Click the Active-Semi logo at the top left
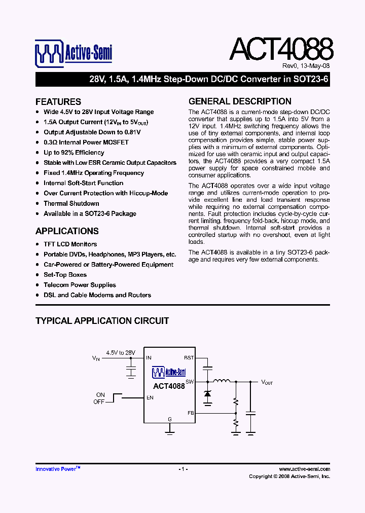pyautogui.click(x=74, y=53)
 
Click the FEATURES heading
pyautogui.click(x=58, y=101)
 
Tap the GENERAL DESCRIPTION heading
pyautogui.click(x=240, y=101)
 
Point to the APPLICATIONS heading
pyautogui.click(x=67, y=231)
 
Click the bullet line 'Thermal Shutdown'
pyautogui.click(x=71, y=203)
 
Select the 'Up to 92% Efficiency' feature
pyautogui.click(x=74, y=153)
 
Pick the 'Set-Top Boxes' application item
pyautogui.click(x=65, y=275)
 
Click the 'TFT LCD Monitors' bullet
pyautogui.click(x=70, y=244)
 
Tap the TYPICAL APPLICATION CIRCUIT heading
pyautogui.click(x=102, y=321)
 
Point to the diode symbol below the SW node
pyautogui.click(x=207, y=394)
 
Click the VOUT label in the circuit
pyautogui.click(x=267, y=382)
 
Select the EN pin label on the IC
pyautogui.click(x=150, y=398)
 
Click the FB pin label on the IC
pyautogui.click(x=191, y=413)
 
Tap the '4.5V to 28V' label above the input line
pyautogui.click(x=121, y=352)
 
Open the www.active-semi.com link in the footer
pyautogui.click(x=304, y=469)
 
